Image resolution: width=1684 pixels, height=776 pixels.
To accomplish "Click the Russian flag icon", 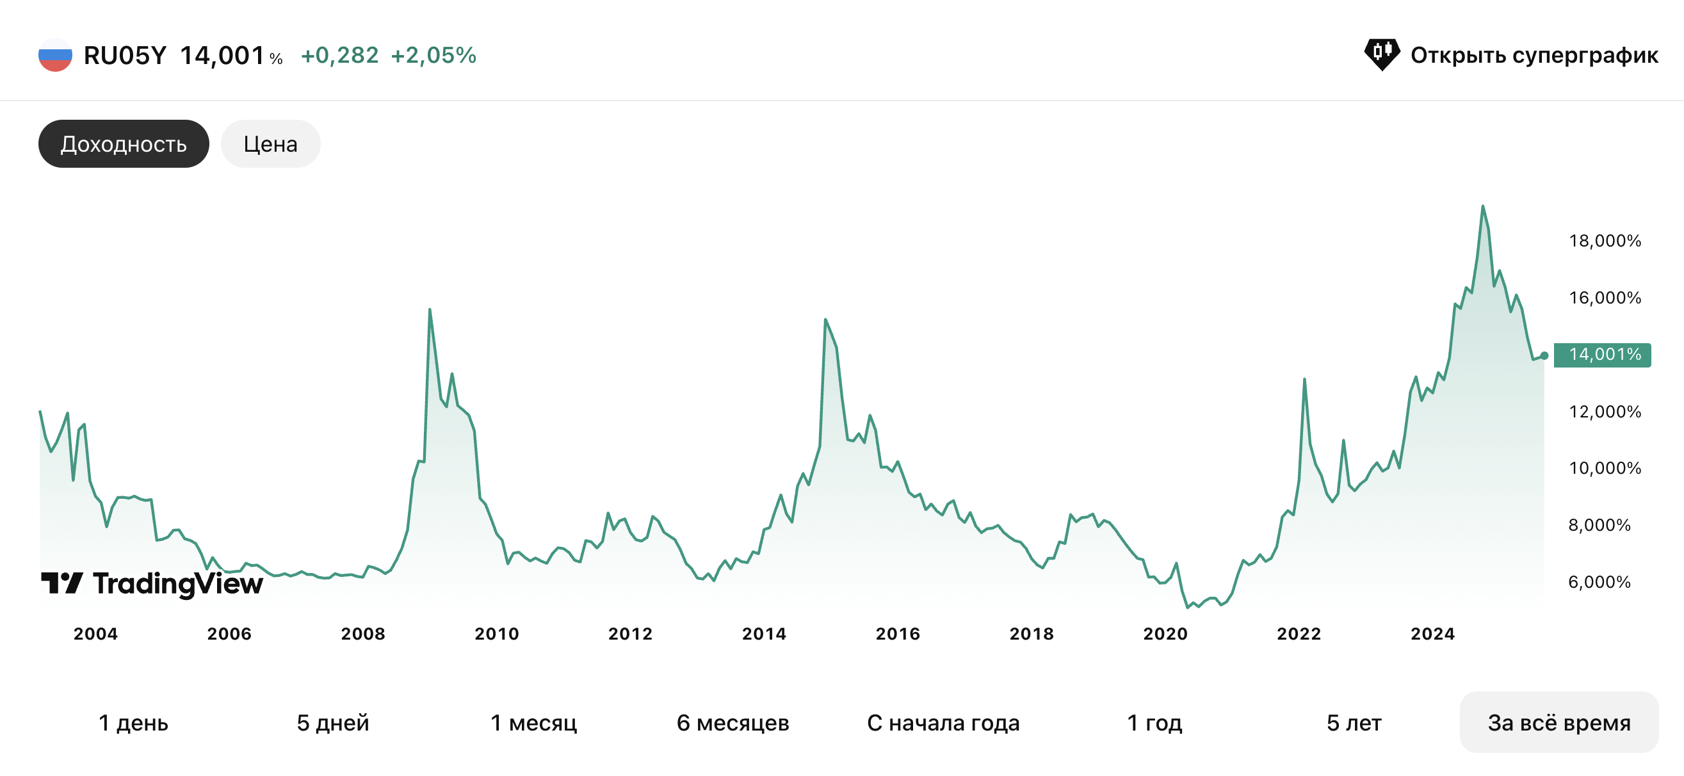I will (x=55, y=55).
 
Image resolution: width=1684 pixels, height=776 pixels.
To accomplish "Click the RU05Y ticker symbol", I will (x=125, y=56).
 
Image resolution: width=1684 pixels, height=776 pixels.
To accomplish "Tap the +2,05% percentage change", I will (x=433, y=56).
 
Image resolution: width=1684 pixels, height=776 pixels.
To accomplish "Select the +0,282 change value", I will (x=339, y=56).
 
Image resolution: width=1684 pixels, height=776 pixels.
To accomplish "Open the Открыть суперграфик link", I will (x=1510, y=55).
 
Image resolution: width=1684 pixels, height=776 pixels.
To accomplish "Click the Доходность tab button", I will (x=124, y=144).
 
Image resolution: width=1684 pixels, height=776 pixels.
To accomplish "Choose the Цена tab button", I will (x=270, y=144).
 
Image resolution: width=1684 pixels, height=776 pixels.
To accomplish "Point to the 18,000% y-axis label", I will (x=1604, y=241).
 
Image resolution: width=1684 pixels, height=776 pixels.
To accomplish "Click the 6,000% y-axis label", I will (x=1599, y=582).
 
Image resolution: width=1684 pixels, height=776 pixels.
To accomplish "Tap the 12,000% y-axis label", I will (x=1604, y=411).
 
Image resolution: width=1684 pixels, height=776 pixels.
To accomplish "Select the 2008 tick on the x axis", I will (x=363, y=633).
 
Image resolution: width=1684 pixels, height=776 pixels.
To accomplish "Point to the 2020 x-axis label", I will (x=1165, y=633).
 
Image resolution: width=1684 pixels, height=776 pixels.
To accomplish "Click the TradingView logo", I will (x=152, y=583).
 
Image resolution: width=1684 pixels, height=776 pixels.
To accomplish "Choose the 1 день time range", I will (x=133, y=722).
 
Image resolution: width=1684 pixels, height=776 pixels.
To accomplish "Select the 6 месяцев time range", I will (x=733, y=722).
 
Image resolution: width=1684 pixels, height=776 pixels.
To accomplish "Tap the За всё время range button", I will (x=1559, y=722).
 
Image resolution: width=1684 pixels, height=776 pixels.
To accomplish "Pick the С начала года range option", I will (x=943, y=722).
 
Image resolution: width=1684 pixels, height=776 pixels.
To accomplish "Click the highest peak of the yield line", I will (x=1483, y=207).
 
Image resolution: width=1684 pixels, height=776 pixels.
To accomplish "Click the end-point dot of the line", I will (x=1544, y=355).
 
